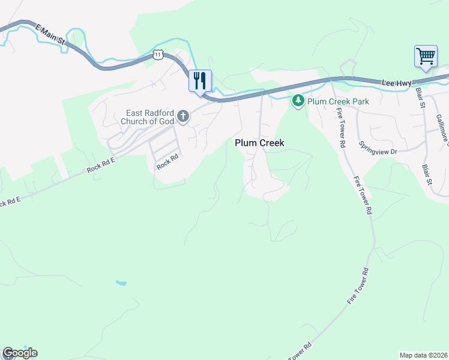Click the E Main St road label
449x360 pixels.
coord(50,34)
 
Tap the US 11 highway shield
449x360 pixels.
coord(158,54)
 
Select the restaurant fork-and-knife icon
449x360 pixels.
coord(200,80)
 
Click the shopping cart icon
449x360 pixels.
coord(426,57)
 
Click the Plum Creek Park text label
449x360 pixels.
coord(338,101)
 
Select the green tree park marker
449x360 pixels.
coord(298,101)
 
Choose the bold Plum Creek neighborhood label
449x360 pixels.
coord(259,143)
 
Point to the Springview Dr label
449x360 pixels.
coord(378,148)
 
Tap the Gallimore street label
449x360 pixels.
coord(442,130)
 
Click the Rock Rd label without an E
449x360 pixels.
coord(167,161)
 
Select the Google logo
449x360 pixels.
coord(20,353)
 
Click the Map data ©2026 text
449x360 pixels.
coord(424,355)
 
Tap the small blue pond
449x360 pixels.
coord(121,282)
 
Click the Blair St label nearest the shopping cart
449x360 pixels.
coord(420,99)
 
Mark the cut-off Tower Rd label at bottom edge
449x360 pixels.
coord(301,352)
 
